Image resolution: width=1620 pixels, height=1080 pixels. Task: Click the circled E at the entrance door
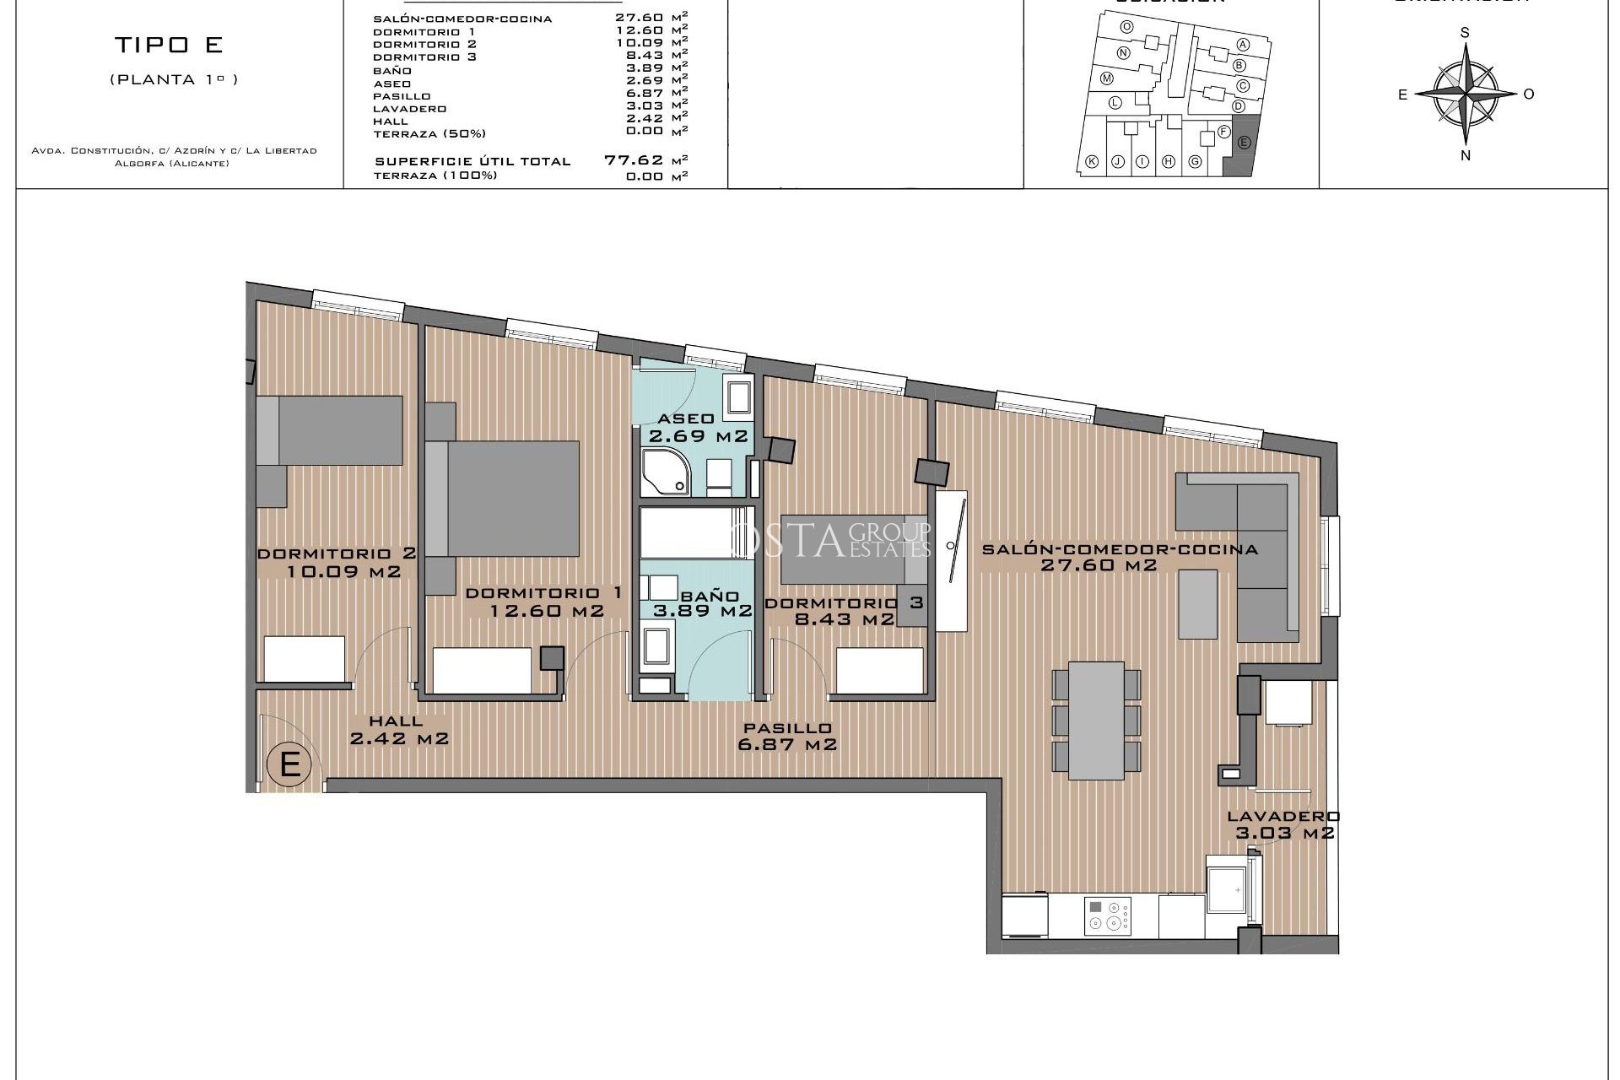click(289, 764)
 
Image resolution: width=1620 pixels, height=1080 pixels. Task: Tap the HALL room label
click(396, 721)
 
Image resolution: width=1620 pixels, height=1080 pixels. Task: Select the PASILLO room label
click(787, 728)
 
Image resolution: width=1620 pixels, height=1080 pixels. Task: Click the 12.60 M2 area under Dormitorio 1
click(548, 611)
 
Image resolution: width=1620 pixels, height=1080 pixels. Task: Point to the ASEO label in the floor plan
click(685, 418)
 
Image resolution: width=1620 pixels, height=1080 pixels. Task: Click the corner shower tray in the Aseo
click(665, 473)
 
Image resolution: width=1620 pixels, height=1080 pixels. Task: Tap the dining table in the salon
click(1096, 720)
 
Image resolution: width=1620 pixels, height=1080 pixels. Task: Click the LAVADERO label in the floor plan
click(1282, 816)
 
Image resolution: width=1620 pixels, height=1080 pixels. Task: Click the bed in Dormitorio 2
click(329, 430)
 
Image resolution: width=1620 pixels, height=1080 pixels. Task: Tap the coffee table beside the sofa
click(1197, 603)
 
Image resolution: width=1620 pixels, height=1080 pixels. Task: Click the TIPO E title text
click(170, 45)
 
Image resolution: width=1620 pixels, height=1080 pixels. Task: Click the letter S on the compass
click(1465, 33)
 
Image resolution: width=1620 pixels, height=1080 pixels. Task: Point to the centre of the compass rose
click(1465, 93)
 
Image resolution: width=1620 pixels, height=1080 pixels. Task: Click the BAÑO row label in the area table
click(392, 70)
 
